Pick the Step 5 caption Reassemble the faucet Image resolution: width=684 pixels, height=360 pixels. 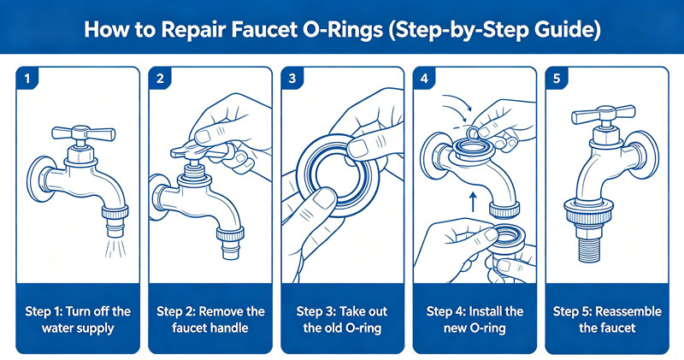606,320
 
